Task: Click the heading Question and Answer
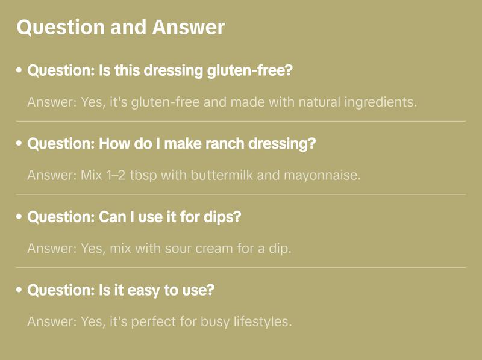pyautogui.click(x=120, y=27)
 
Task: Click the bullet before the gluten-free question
pyautogui.click(x=19, y=70)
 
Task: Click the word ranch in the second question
pyautogui.click(x=196, y=144)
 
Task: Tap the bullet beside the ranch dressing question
pyautogui.click(x=19, y=144)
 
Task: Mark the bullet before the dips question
pyautogui.click(x=19, y=217)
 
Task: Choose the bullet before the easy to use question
pyautogui.click(x=19, y=290)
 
